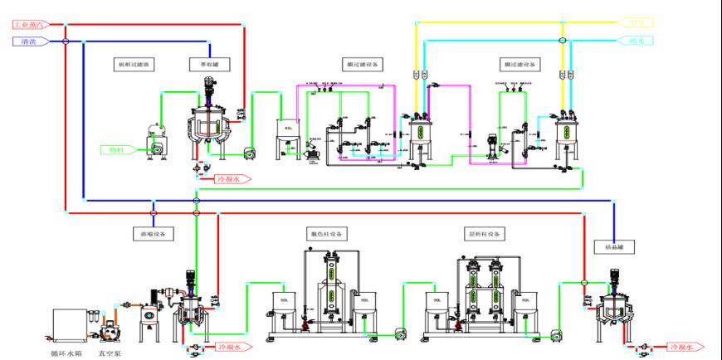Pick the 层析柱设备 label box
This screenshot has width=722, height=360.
pos(485,234)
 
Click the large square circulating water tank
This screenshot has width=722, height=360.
pos(71,324)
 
